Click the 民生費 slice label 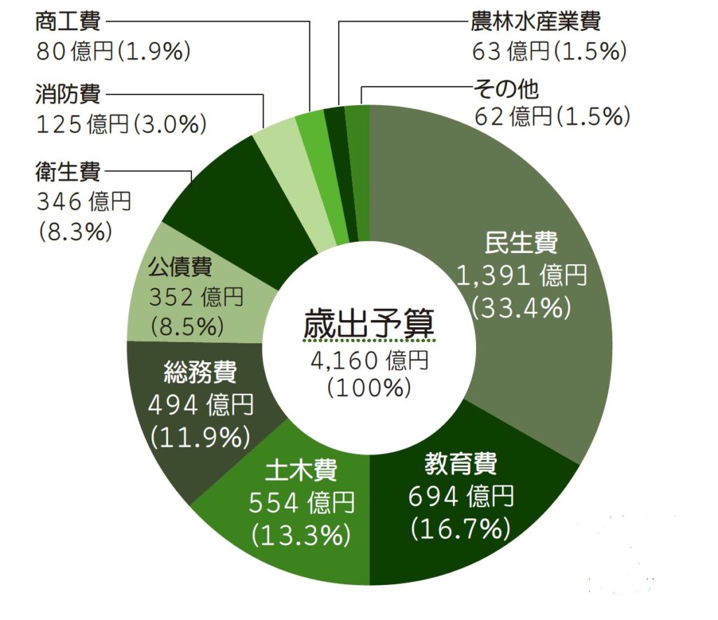521,243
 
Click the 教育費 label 461,464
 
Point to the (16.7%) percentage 461,527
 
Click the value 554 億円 302,502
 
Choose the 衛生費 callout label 67,171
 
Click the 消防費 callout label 67,93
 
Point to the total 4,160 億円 369,360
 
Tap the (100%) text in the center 369,387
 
